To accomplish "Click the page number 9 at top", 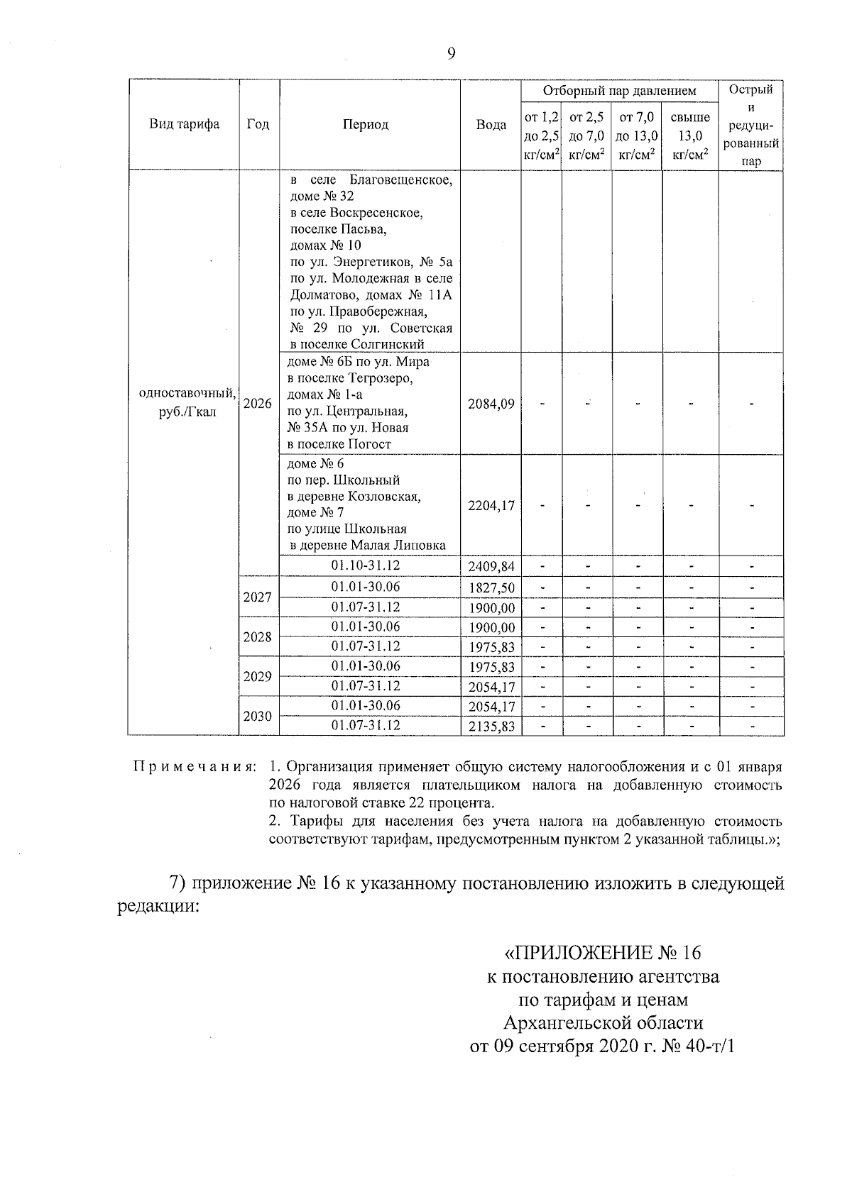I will click(x=452, y=54).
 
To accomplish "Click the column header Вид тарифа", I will click(x=185, y=125).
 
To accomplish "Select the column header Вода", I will click(x=491, y=125).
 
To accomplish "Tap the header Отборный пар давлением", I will click(x=619, y=91).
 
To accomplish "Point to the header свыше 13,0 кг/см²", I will click(x=690, y=136).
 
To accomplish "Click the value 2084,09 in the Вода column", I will click(x=491, y=404).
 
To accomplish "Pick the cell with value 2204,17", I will click(x=491, y=506).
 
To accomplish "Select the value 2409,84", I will click(x=491, y=567).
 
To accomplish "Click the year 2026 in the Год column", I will click(x=258, y=404).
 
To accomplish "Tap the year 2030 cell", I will click(x=258, y=717).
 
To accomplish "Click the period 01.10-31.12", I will click(x=366, y=565).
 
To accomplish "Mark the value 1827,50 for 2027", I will click(x=491, y=588).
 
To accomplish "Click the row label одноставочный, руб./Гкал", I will click(x=187, y=402).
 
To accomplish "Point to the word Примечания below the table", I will click(x=195, y=767).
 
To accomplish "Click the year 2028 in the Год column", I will click(x=258, y=637).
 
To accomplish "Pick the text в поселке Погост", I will click(x=339, y=444).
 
